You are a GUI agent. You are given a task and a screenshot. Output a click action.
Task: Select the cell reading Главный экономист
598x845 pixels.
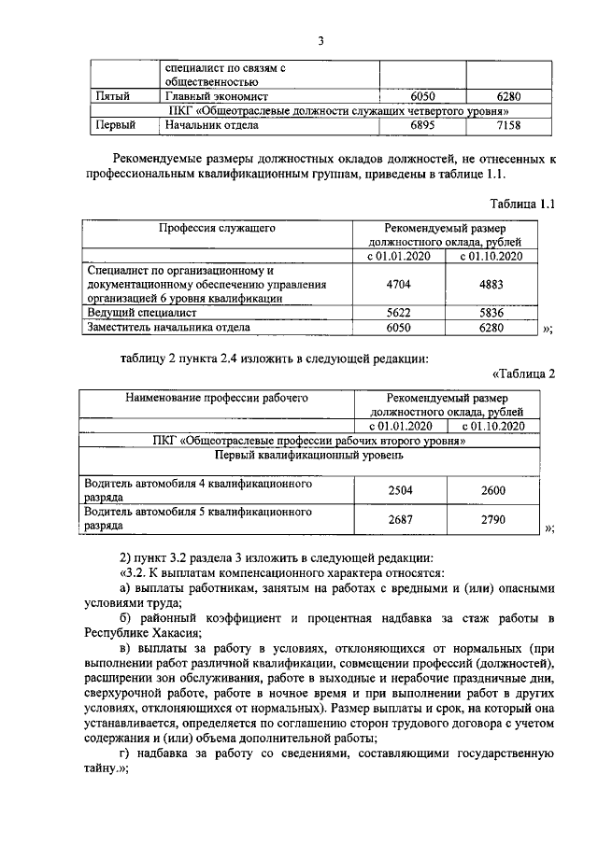pos(216,95)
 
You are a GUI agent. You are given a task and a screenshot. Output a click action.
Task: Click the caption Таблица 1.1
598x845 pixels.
pos(522,204)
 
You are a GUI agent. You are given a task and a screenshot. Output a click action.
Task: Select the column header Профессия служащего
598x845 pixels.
pos(216,227)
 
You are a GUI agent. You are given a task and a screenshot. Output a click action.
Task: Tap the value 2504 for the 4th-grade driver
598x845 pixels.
pos(400,490)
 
